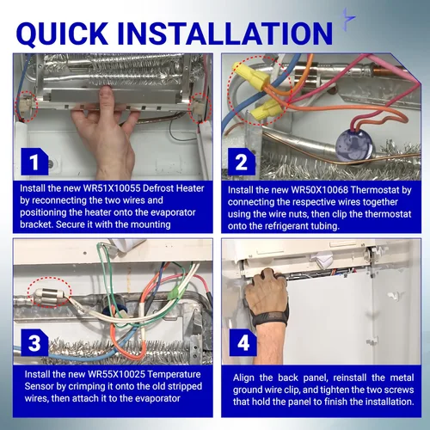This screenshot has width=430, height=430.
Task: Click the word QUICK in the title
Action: pyautogui.click(x=62, y=34)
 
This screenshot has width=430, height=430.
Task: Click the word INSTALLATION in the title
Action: pyautogui.click(x=224, y=34)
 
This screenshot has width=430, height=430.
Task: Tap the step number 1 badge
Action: pyautogui.click(x=34, y=162)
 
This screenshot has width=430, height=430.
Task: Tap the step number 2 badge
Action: pyautogui.click(x=242, y=162)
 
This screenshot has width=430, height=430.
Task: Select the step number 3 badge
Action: pyautogui.click(x=34, y=342)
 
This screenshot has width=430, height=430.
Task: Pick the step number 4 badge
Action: pyautogui.click(x=243, y=342)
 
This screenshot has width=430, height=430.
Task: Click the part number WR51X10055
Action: pyautogui.click(x=112, y=188)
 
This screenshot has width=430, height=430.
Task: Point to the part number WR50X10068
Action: pyautogui.click(x=319, y=190)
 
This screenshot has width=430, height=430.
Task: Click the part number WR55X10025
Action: pyautogui.click(x=117, y=374)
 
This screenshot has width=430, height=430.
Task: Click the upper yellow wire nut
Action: pyautogui.click(x=251, y=77)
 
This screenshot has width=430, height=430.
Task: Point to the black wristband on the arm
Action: pyautogui.click(x=269, y=317)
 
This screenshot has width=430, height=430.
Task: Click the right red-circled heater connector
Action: pyautogui.click(x=200, y=108)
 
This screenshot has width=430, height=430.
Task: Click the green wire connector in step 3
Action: pyautogui.click(x=174, y=294)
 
